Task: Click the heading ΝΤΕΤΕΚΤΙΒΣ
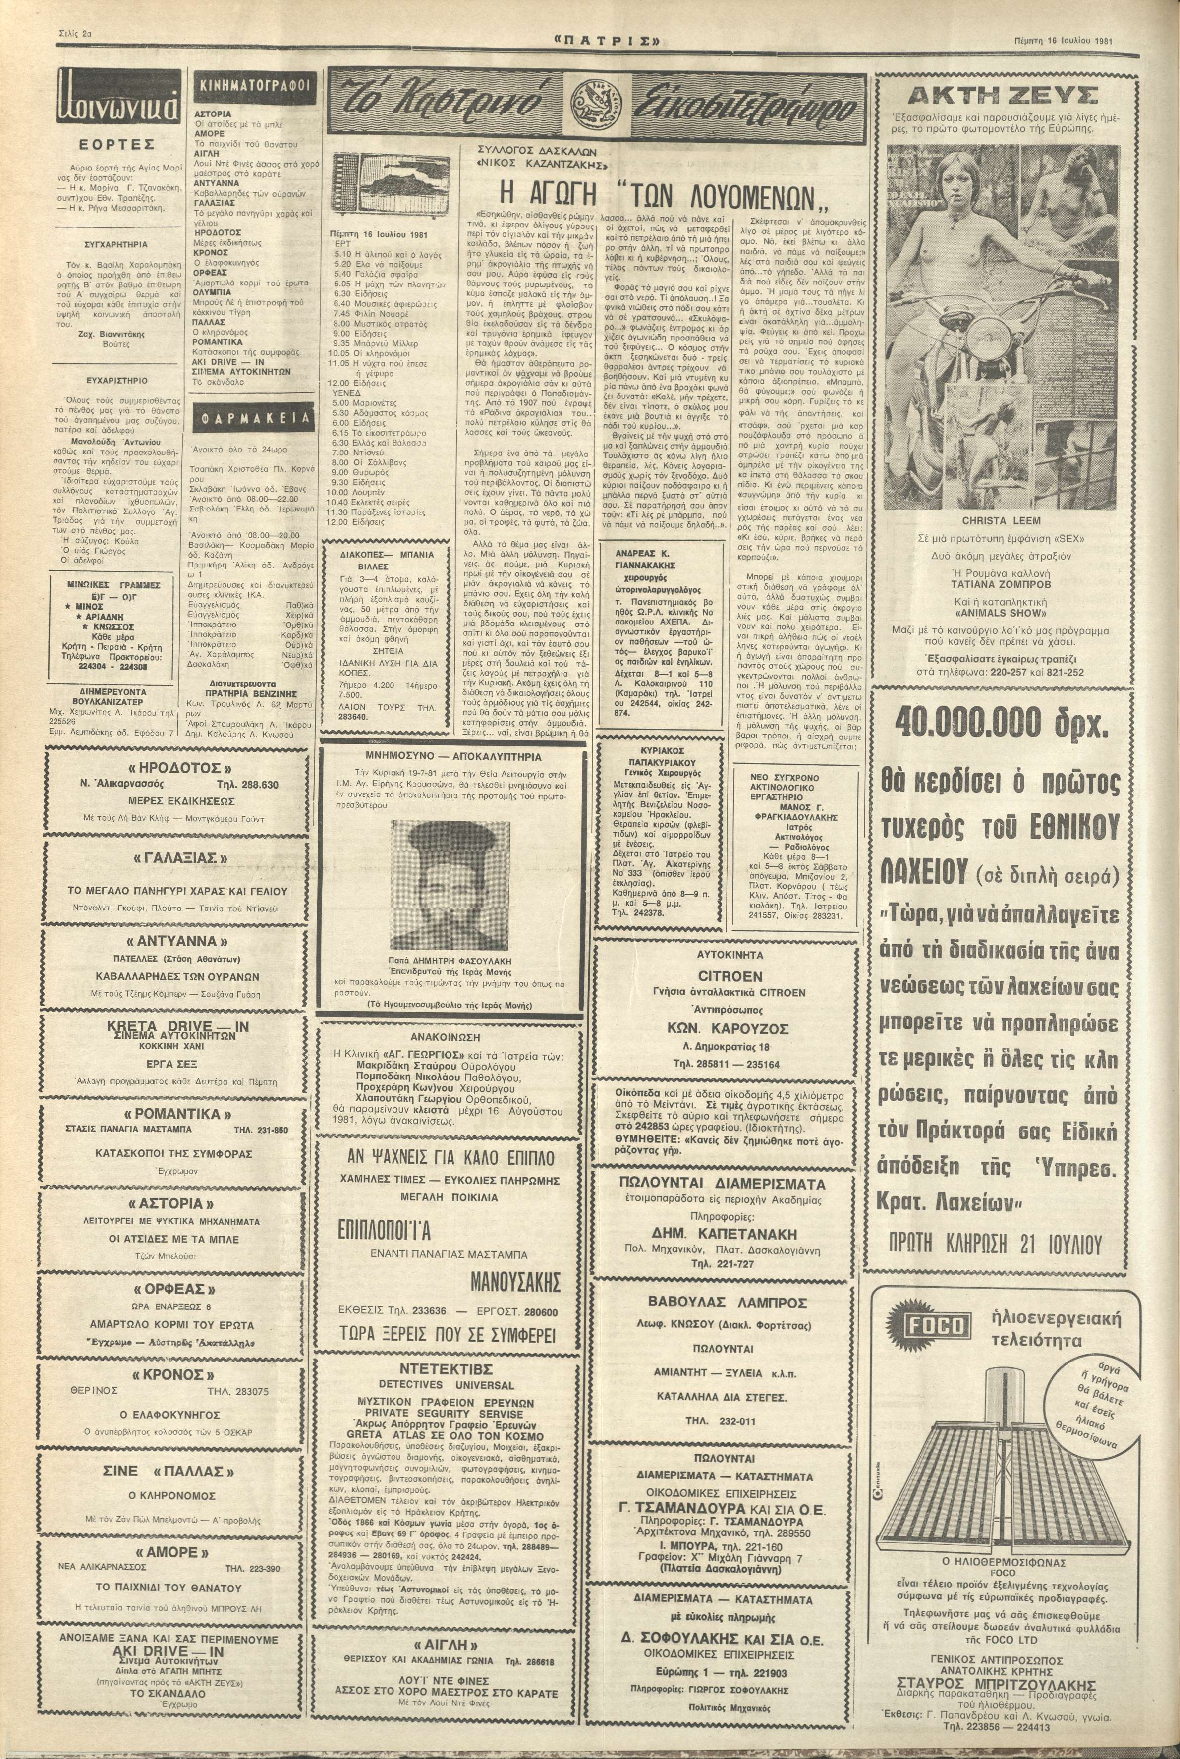point(436,1368)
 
